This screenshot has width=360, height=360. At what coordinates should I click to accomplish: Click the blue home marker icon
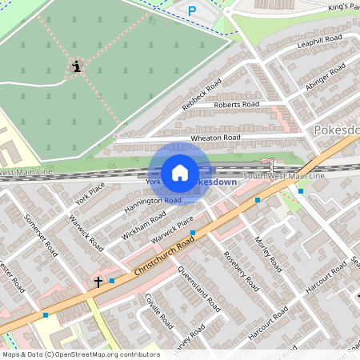click(x=180, y=173)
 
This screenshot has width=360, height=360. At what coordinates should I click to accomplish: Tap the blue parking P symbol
click(x=191, y=10)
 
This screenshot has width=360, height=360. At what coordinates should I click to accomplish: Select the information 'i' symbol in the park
click(x=77, y=66)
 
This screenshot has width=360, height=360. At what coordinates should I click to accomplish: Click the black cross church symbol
click(x=98, y=282)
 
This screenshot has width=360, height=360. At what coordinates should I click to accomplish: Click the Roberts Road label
click(x=237, y=105)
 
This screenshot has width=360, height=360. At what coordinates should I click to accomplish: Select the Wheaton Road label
click(x=215, y=138)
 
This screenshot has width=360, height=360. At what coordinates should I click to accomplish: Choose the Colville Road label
click(x=160, y=309)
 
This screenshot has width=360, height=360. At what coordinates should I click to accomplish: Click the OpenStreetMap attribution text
click(x=80, y=354)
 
